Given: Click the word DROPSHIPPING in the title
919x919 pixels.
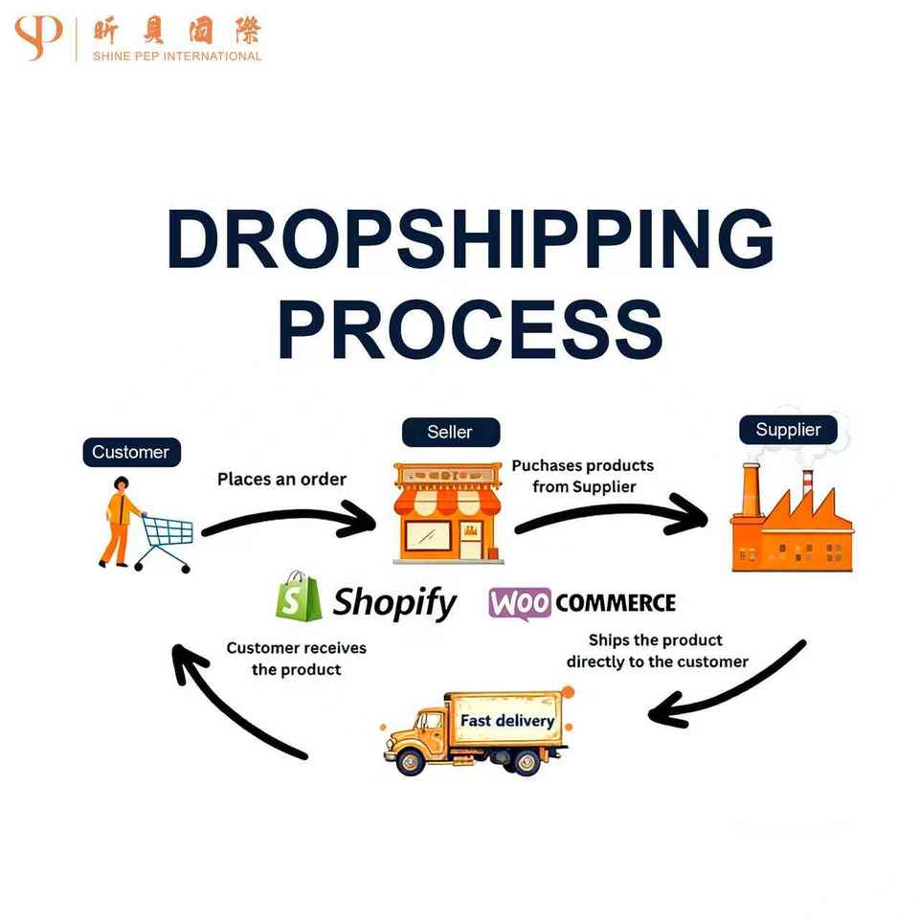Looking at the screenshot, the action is pyautogui.click(x=469, y=239).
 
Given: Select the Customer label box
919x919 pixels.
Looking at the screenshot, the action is pyautogui.click(x=131, y=452).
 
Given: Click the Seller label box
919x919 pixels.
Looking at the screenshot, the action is pyautogui.click(x=450, y=432).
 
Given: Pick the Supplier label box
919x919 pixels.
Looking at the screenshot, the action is pyautogui.click(x=788, y=429).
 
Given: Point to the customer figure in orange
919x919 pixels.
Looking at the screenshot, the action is pyautogui.click(x=119, y=522).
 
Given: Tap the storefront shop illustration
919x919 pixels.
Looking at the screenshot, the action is pyautogui.click(x=447, y=512).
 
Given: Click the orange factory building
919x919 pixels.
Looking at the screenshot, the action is pyautogui.click(x=791, y=522).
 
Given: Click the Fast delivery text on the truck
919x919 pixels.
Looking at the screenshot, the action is pyautogui.click(x=507, y=720).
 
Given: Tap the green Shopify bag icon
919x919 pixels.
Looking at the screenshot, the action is pyautogui.click(x=296, y=597).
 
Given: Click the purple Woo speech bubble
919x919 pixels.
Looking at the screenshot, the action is pyautogui.click(x=520, y=604).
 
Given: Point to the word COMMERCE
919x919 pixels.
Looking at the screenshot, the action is pyautogui.click(x=616, y=603).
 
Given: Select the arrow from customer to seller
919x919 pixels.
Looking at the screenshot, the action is pyautogui.click(x=287, y=522).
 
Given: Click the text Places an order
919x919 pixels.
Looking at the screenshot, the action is pyautogui.click(x=281, y=479).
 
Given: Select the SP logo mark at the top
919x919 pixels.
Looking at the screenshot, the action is pyautogui.click(x=38, y=38).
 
